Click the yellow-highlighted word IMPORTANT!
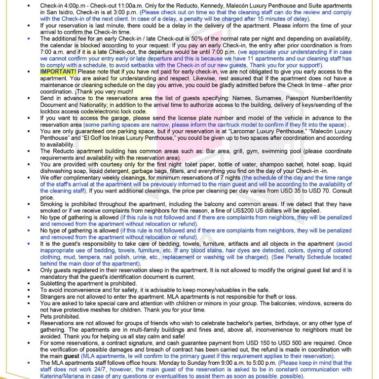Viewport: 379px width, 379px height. pyautogui.click(x=58, y=72)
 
